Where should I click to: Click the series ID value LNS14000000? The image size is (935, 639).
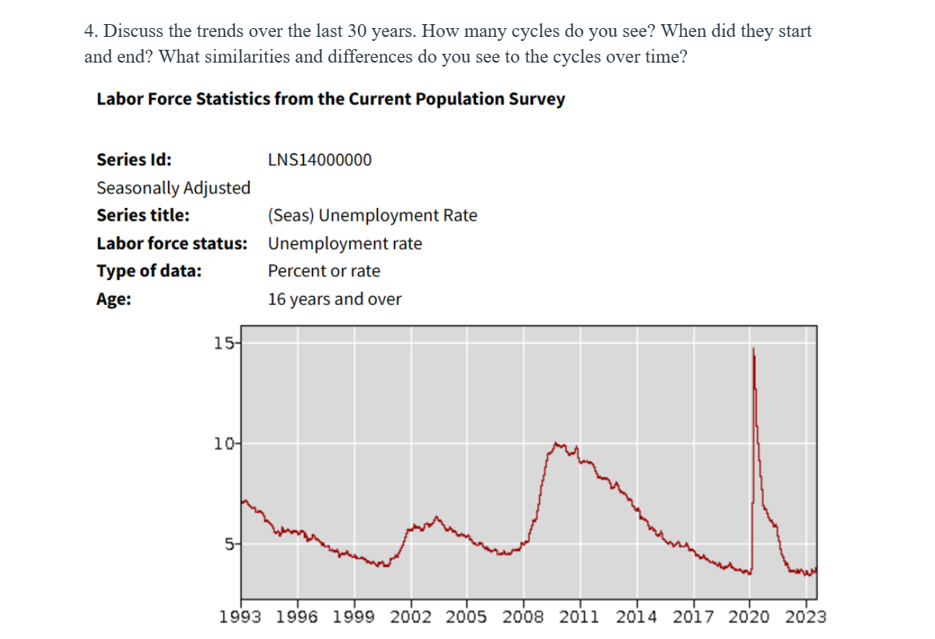click(319, 160)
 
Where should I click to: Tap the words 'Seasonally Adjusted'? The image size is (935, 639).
click(173, 188)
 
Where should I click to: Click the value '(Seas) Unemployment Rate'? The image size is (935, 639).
click(372, 215)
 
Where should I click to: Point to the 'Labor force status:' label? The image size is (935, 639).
click(172, 243)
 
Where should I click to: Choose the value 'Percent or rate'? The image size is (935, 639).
click(324, 271)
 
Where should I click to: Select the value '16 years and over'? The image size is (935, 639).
click(335, 299)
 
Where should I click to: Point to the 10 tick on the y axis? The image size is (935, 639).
click(223, 443)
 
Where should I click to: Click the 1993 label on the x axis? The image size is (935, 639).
click(240, 617)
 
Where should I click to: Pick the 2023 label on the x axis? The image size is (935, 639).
click(806, 617)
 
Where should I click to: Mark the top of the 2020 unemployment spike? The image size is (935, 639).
click(753, 349)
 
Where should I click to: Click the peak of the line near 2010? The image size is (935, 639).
click(556, 442)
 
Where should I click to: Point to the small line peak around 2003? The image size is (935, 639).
click(437, 517)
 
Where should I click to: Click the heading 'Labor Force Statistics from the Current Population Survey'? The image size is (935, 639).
click(331, 100)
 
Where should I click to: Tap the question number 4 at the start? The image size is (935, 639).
click(90, 32)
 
